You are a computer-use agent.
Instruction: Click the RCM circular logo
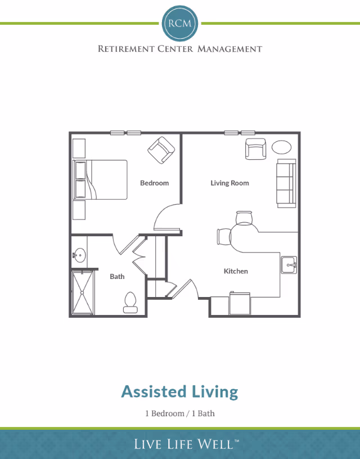180,22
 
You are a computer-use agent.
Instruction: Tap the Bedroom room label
154,183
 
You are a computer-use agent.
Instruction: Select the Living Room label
229,183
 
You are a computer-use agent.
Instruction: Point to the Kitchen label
236,271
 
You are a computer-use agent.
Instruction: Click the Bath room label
117,276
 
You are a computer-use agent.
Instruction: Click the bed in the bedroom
101,179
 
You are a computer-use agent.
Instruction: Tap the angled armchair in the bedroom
161,150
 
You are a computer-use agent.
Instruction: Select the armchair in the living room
255,149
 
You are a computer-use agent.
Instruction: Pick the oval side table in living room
282,147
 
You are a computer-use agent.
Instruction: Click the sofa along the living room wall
286,183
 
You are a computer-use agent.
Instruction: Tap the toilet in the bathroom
130,302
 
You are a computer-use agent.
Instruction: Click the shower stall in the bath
83,292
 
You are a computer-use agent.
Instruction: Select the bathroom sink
79,256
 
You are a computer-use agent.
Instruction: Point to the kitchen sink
289,264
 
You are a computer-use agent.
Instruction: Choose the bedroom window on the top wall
125,133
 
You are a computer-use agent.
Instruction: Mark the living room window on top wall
240,133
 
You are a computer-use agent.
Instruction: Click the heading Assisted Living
180,391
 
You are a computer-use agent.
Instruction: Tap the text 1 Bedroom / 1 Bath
180,413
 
